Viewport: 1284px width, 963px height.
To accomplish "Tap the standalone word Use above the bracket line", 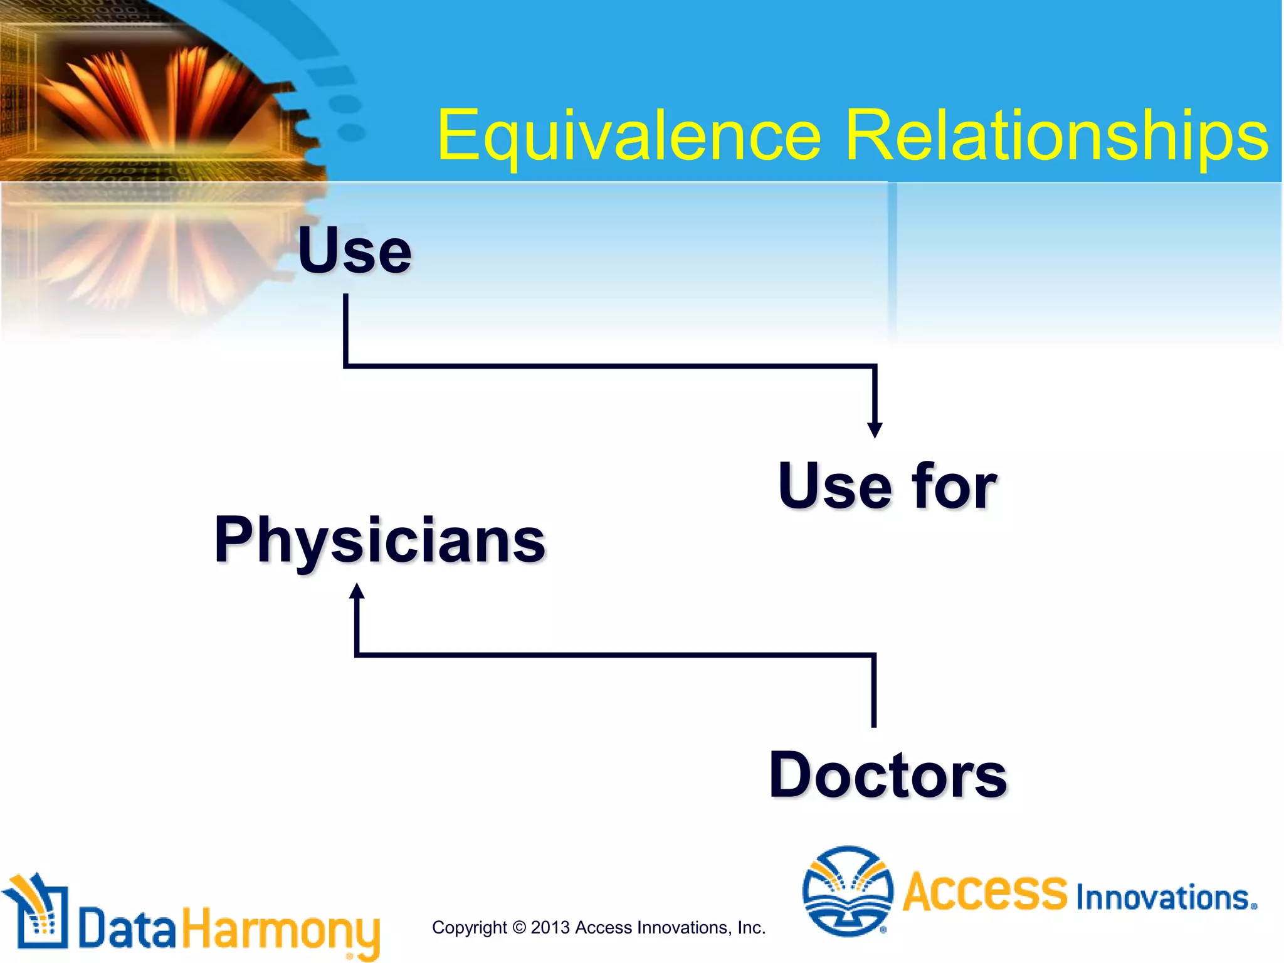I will click(x=355, y=251).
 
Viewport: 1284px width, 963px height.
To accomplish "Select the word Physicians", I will click(x=380, y=540).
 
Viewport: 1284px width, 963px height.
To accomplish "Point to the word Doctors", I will click(x=888, y=776).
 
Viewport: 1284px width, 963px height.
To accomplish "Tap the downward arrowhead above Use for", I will click(x=875, y=430).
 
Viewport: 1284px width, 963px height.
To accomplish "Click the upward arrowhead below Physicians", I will click(x=357, y=591).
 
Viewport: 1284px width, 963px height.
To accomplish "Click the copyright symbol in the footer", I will click(x=519, y=927).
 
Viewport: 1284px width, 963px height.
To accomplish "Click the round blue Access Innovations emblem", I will click(x=848, y=891).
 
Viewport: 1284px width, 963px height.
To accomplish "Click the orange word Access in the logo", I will click(x=985, y=891).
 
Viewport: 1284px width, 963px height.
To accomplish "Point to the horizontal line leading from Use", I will click(x=608, y=366).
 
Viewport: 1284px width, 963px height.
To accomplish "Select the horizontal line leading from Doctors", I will click(x=614, y=655).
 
